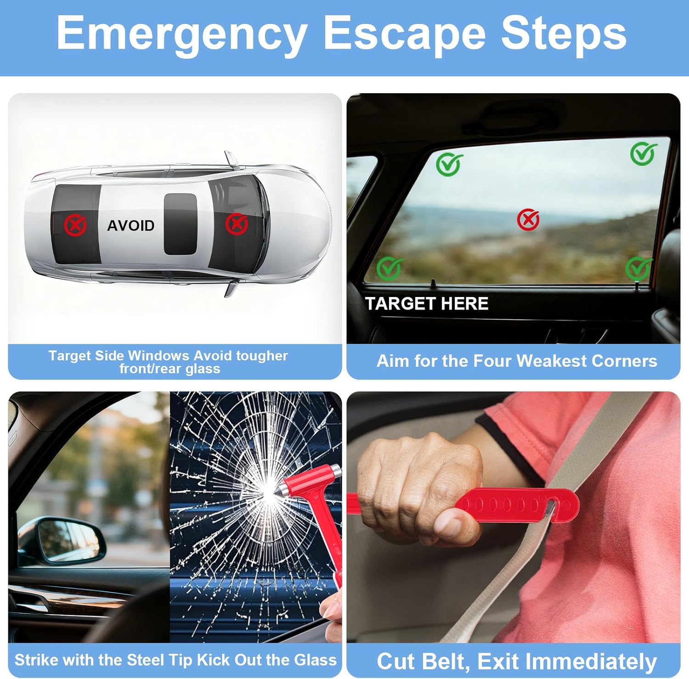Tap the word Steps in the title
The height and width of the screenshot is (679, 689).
point(564,34)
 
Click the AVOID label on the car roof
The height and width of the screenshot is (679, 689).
point(130,225)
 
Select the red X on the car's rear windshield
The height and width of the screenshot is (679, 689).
point(75,225)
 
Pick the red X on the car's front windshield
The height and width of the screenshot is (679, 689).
point(237,224)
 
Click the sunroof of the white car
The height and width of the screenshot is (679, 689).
point(181,224)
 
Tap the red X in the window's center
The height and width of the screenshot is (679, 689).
point(528,219)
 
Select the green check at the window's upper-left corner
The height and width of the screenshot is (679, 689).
point(449,164)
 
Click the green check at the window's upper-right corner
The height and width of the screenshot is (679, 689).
point(643,153)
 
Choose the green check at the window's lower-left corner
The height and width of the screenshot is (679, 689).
point(390,268)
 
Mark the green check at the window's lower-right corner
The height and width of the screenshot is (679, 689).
point(638,268)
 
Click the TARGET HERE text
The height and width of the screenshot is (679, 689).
point(427,303)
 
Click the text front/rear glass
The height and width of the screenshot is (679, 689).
point(170,369)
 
